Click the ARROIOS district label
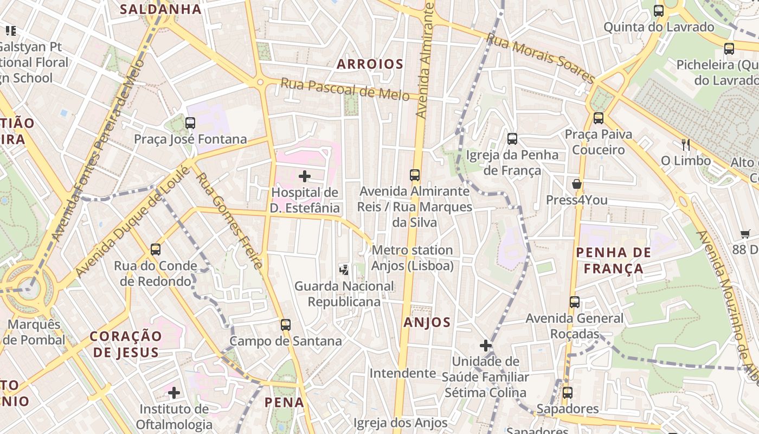click(x=370, y=64)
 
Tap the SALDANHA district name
click(x=160, y=9)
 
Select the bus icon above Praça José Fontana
click(x=190, y=123)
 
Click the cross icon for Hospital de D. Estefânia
click(x=305, y=176)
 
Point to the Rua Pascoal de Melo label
click(x=344, y=89)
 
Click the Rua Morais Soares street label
click(x=540, y=58)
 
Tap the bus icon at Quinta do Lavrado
click(x=658, y=11)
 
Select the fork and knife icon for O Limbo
click(x=686, y=144)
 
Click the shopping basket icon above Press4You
click(x=576, y=184)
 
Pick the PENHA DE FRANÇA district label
click(x=613, y=260)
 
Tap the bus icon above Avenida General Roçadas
click(x=575, y=302)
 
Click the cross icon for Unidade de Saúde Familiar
click(x=486, y=345)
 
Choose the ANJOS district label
click(x=427, y=323)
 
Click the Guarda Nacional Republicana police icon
click(x=344, y=269)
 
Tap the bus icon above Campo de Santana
click(x=286, y=325)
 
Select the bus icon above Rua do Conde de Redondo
click(x=156, y=250)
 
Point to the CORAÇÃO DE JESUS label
click(x=126, y=344)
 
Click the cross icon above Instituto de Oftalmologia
click(x=173, y=392)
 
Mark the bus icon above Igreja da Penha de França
click(x=512, y=139)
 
